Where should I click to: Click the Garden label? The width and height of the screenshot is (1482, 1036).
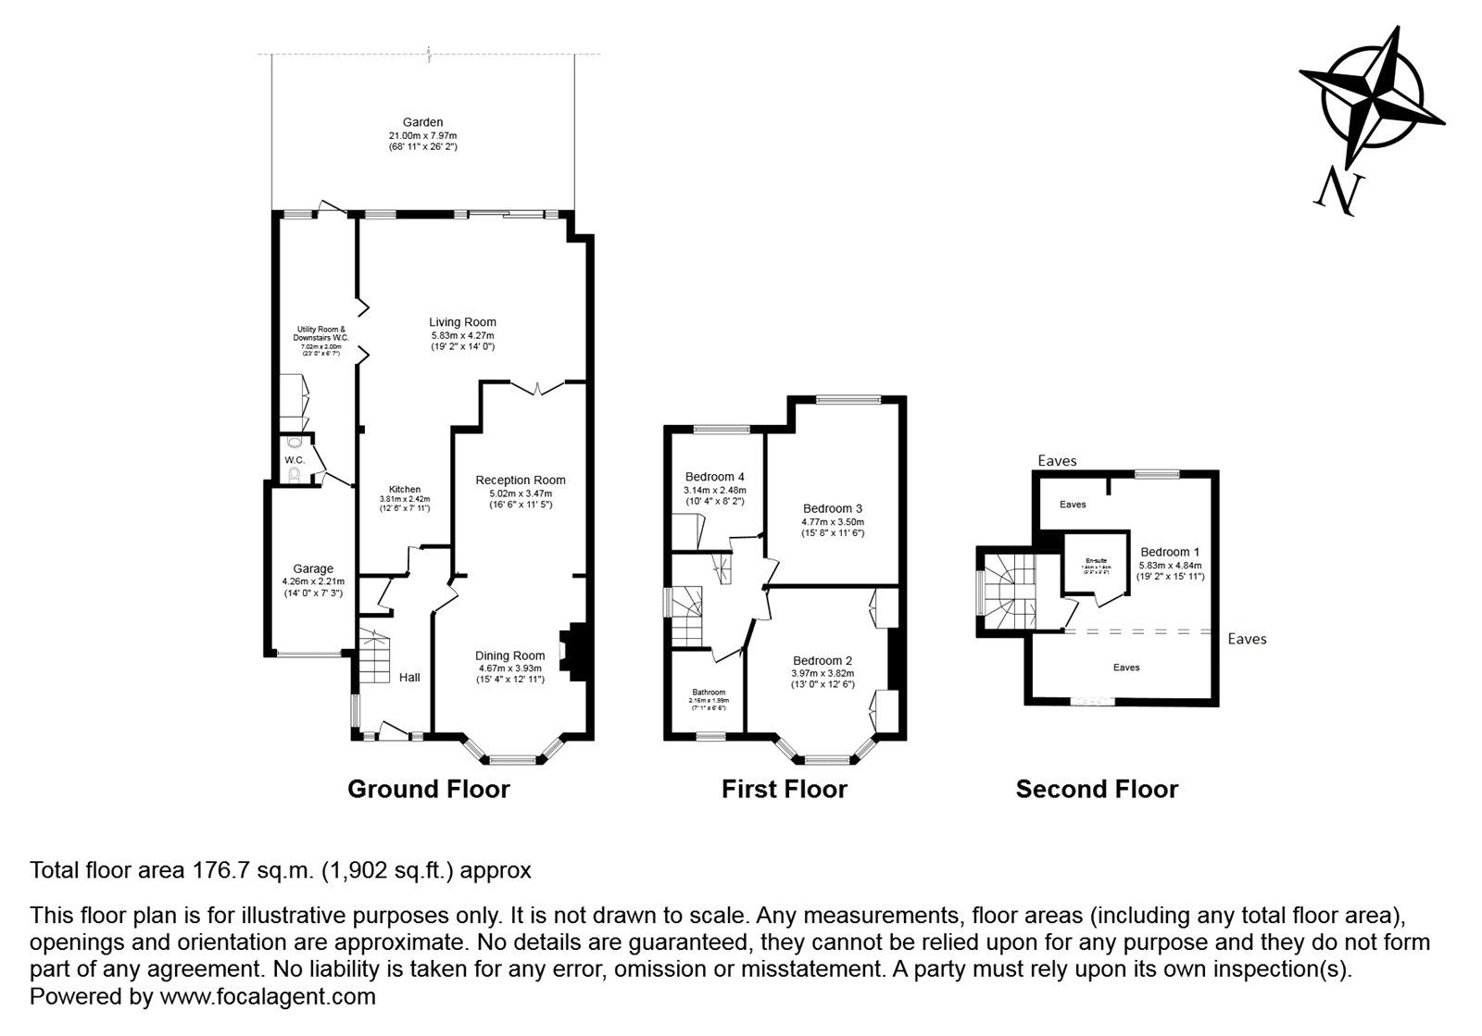tap(422, 122)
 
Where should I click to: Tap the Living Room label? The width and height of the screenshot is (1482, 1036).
tap(463, 322)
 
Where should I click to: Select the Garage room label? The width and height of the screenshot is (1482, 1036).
tap(313, 568)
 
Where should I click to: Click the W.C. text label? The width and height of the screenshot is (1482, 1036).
tap(295, 460)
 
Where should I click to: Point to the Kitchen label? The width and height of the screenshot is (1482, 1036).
tap(405, 489)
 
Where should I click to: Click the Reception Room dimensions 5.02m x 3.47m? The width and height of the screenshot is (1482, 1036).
tap(520, 493)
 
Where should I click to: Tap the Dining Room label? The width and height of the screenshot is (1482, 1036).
tap(511, 655)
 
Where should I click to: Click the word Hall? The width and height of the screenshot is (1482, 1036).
tap(409, 678)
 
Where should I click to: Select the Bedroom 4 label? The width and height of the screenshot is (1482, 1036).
tap(714, 477)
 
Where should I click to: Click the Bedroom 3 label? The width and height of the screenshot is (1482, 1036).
tap(833, 508)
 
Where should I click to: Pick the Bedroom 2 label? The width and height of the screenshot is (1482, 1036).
tap(823, 660)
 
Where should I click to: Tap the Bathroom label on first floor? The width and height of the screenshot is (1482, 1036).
tap(709, 692)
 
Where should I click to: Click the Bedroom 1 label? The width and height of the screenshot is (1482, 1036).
tap(1171, 552)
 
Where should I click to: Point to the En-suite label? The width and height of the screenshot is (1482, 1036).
tap(1097, 560)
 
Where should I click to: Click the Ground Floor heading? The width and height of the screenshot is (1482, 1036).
tap(428, 789)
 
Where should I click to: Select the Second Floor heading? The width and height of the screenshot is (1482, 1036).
tap(1097, 789)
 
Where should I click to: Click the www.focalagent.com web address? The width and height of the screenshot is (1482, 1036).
tap(268, 997)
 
